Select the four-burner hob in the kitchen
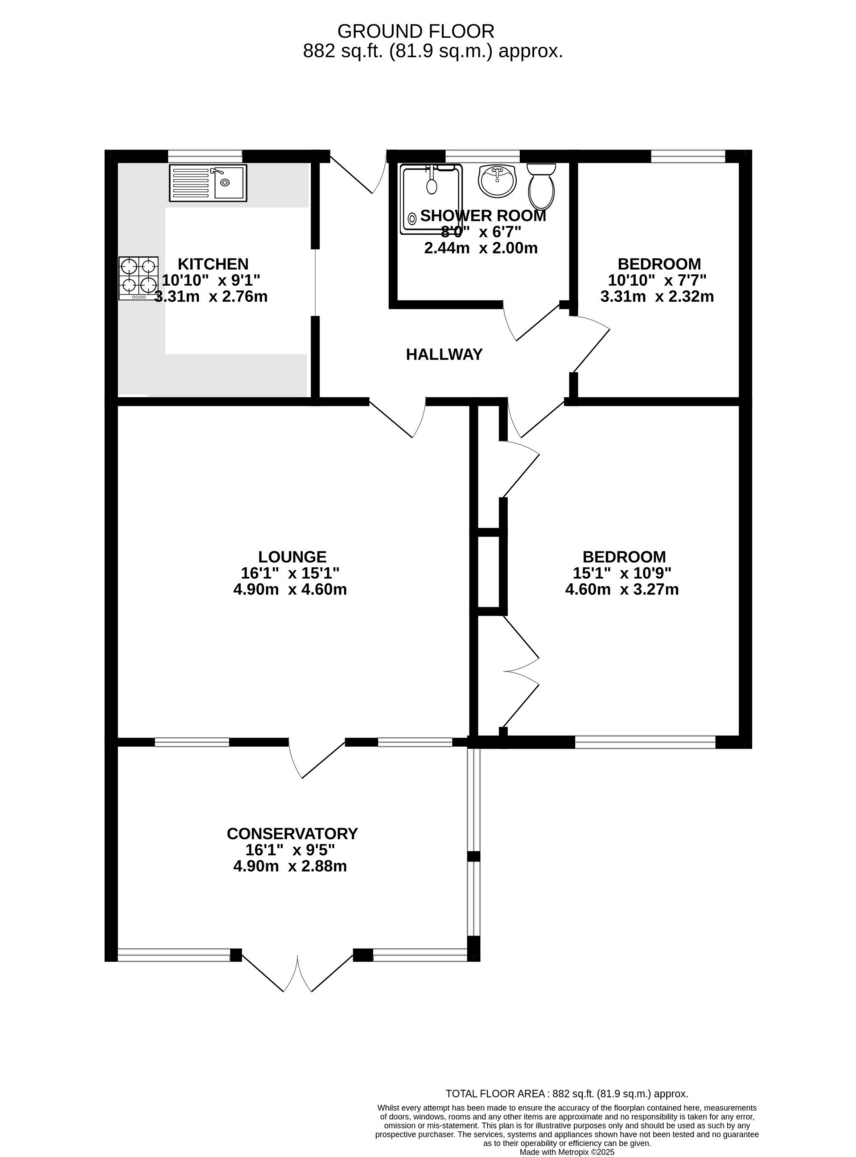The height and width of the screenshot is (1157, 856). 138,278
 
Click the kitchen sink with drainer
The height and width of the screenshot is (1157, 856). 208,183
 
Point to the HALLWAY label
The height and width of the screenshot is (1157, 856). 444,355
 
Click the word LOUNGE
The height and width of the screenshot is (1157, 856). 292,557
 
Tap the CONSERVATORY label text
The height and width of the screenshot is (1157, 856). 292,834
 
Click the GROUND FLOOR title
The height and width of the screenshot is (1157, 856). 416,32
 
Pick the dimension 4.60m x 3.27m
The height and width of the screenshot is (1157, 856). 622,589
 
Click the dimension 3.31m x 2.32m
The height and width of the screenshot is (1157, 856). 657,297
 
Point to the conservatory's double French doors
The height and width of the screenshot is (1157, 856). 298,974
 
